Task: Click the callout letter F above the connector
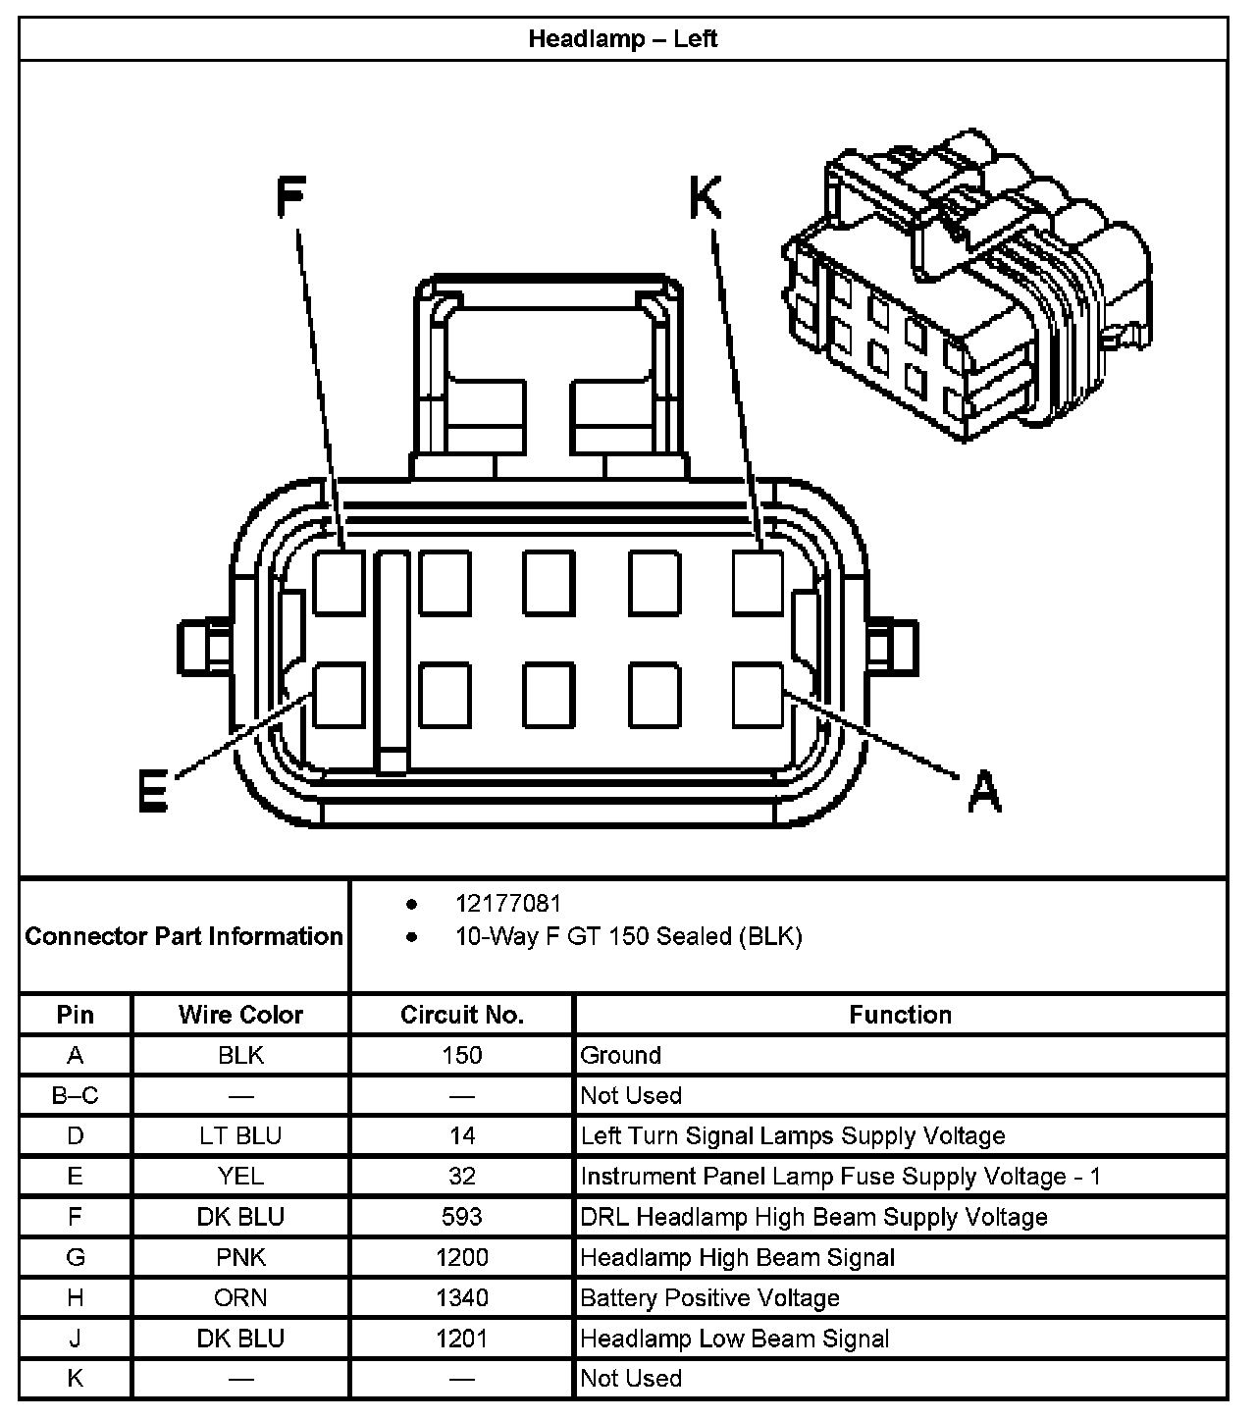point(289,196)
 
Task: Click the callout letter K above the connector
point(706,197)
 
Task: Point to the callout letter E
point(152,790)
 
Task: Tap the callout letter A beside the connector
point(983,791)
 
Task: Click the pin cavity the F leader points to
point(340,583)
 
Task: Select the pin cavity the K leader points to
point(759,583)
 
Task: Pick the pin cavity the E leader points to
point(340,695)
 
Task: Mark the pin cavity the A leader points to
point(759,695)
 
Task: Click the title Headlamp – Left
point(623,39)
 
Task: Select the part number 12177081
point(508,904)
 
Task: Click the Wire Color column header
point(240,1015)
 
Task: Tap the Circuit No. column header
point(462,1015)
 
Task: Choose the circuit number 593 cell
point(462,1217)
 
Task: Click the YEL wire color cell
point(240,1177)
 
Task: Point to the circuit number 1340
point(462,1298)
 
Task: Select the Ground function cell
point(621,1055)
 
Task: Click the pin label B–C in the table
point(76,1095)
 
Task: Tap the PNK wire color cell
point(240,1257)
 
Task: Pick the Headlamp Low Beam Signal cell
point(735,1339)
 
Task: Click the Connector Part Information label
point(183,936)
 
